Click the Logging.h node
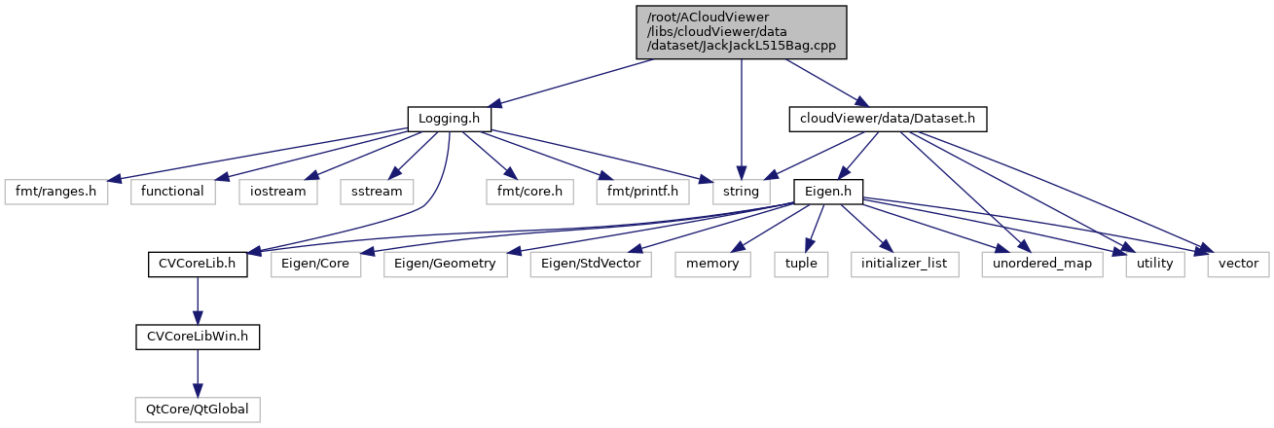[449, 119]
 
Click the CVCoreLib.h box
[198, 264]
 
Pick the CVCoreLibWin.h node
[198, 337]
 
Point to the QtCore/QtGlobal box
[198, 409]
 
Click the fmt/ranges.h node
[55, 191]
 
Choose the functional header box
[173, 191]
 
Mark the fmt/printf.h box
[642, 191]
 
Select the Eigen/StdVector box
[592, 264]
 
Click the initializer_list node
[904, 264]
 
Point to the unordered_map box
[1042, 264]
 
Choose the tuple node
[801, 264]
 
